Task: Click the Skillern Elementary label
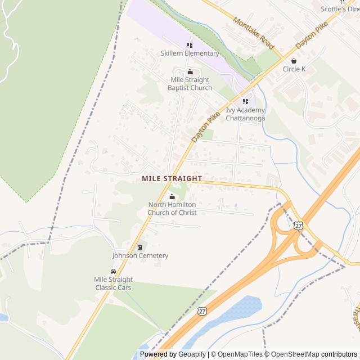click(190, 53)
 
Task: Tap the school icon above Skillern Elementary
click(190, 45)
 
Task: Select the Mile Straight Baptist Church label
click(191, 84)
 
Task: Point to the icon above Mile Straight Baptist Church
click(190, 71)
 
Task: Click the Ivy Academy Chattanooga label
click(245, 114)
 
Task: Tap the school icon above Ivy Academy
click(245, 101)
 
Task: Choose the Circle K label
click(294, 69)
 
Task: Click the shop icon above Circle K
click(294, 61)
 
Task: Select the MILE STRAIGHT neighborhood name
click(172, 178)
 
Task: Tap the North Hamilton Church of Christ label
click(172, 209)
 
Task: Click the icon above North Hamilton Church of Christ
click(172, 197)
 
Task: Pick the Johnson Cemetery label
click(140, 256)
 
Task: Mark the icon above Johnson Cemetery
click(140, 247)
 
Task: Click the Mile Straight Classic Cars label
click(114, 283)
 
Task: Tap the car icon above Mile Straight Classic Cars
click(114, 271)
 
